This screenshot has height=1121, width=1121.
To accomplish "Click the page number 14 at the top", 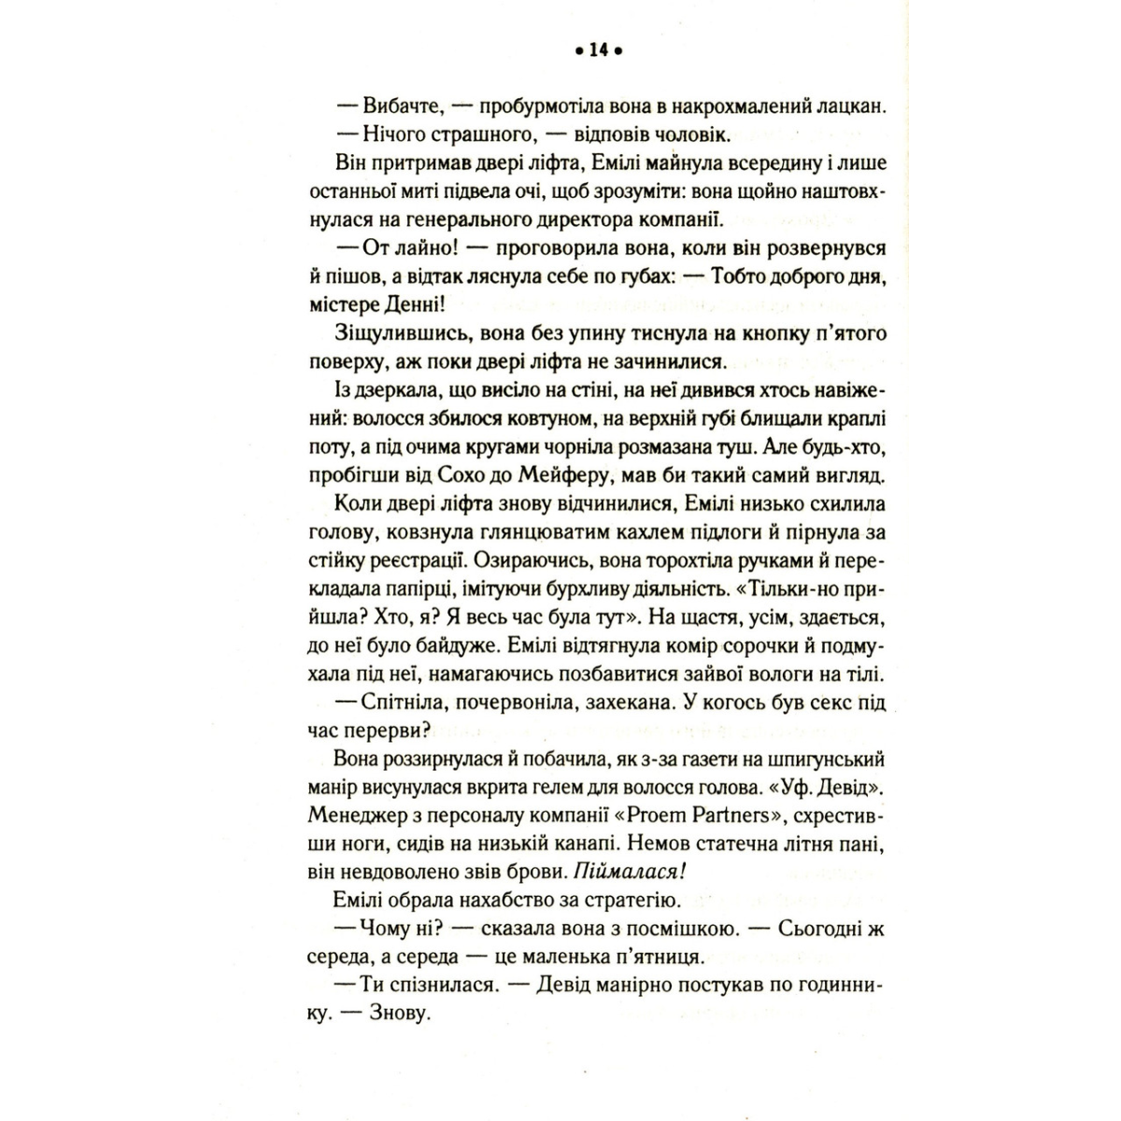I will (x=599, y=52).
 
